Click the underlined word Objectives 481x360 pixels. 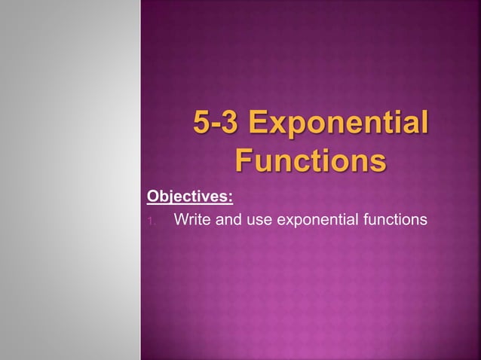pos(188,197)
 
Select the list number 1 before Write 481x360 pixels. pos(151,221)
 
